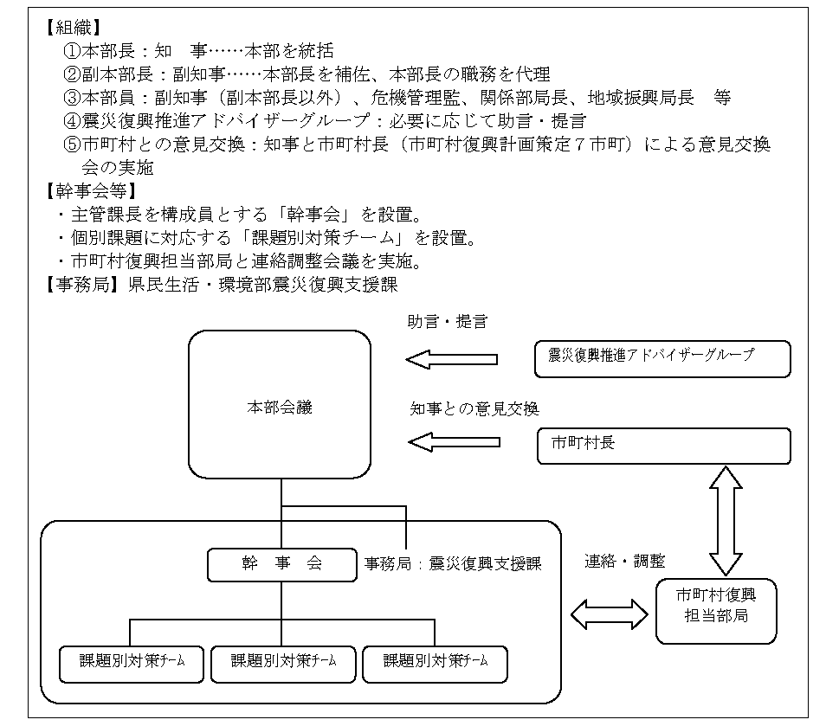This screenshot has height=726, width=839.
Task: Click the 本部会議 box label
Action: click(x=280, y=408)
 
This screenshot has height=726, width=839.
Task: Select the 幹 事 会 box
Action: click(x=282, y=564)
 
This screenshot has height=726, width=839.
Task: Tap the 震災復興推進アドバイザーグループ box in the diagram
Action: click(x=662, y=359)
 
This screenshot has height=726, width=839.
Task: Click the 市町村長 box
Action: click(x=663, y=446)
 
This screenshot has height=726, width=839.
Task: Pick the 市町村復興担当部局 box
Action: click(x=716, y=611)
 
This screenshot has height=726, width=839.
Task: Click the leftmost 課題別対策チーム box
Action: click(x=131, y=664)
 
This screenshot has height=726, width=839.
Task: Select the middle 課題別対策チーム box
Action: click(x=283, y=664)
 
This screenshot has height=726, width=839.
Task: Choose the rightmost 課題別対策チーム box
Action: click(x=435, y=664)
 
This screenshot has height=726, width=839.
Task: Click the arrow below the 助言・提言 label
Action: click(x=452, y=359)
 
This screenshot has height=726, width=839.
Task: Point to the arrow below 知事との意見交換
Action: click(x=454, y=442)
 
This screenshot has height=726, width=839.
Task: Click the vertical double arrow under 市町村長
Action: click(x=726, y=521)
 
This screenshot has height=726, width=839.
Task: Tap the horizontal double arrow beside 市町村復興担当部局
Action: click(x=610, y=614)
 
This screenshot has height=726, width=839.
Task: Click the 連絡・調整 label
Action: click(x=624, y=561)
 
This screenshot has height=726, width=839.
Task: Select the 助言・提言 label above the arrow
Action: click(x=448, y=321)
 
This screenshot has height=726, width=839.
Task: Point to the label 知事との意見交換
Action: click(x=474, y=408)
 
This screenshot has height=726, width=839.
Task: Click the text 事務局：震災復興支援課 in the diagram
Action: click(x=453, y=563)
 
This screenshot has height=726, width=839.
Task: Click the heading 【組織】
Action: click(x=74, y=28)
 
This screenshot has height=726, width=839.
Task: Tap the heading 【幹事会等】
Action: click(x=91, y=191)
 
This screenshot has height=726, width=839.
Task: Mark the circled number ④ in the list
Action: click(x=72, y=121)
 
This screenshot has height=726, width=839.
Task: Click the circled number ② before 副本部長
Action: click(x=72, y=74)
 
